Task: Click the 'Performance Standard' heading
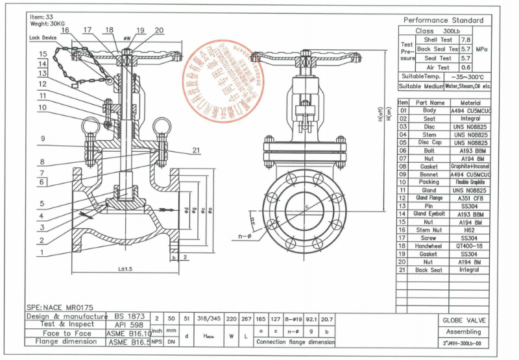(443, 20)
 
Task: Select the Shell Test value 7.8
(465, 40)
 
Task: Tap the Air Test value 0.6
(465, 67)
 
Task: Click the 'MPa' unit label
(481, 49)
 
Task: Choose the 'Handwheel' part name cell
(429, 246)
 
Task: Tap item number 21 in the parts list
(402, 270)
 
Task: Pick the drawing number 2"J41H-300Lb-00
(463, 343)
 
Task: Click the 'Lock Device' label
(43, 38)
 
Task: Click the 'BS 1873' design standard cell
(128, 316)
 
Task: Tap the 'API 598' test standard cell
(128, 324)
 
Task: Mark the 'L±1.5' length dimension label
(125, 268)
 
